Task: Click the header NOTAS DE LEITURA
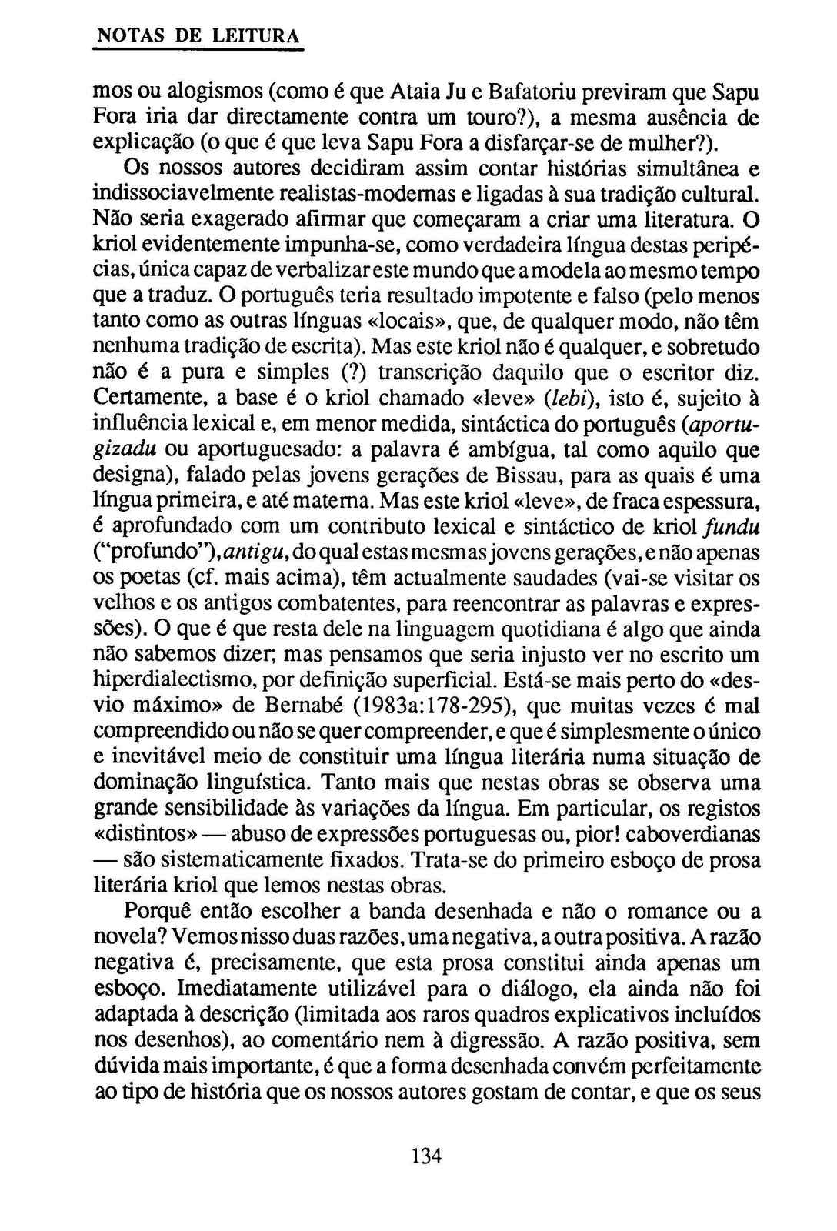[x=197, y=36]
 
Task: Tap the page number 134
[x=426, y=1156]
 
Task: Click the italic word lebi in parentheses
[x=565, y=399]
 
